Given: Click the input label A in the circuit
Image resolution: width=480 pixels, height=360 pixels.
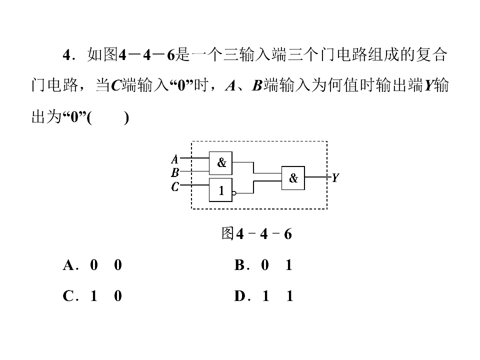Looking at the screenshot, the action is (x=174, y=159).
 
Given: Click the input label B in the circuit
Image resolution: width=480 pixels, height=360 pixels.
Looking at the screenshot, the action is (x=175, y=172).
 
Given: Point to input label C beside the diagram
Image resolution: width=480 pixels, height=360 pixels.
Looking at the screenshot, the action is (x=175, y=186).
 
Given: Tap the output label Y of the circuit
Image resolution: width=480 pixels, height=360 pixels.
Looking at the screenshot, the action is (x=335, y=177).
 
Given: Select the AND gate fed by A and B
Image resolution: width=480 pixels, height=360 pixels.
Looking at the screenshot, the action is (x=220, y=163).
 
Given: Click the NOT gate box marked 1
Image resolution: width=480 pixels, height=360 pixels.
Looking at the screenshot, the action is (x=220, y=190).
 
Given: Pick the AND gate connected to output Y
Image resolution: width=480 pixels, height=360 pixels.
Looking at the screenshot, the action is (x=293, y=178).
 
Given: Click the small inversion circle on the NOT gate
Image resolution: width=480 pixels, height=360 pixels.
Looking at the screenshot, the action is (x=234, y=193).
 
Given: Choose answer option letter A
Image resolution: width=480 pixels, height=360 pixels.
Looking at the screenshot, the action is (x=68, y=265).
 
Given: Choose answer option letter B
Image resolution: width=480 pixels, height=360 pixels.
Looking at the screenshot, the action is (x=240, y=265).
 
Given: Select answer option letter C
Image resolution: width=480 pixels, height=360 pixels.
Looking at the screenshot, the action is (x=68, y=296).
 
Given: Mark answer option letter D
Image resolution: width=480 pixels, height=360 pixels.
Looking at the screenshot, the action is (x=240, y=296).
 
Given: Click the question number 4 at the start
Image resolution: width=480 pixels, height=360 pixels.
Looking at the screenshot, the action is (x=67, y=55).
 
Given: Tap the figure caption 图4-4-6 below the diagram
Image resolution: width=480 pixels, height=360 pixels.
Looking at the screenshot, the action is (x=256, y=234).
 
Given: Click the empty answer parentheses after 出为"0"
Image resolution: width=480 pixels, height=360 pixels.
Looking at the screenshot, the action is (x=108, y=117).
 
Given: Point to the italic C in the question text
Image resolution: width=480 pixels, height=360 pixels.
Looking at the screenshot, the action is (x=116, y=85).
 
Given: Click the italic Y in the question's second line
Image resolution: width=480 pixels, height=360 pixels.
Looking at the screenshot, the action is (x=428, y=85).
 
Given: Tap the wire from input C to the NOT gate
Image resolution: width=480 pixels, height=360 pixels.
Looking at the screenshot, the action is (x=194, y=185).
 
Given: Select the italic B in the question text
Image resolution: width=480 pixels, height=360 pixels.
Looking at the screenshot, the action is (x=257, y=85).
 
